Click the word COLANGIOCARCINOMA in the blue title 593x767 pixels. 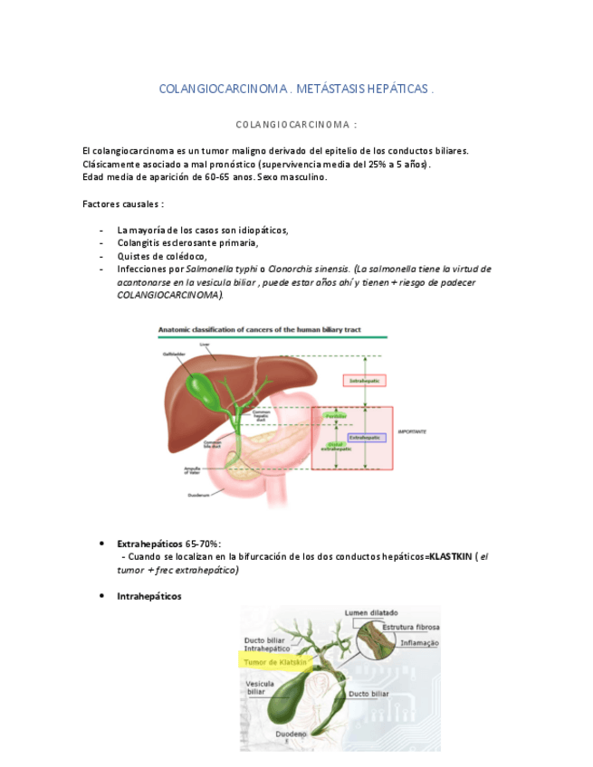click(221, 89)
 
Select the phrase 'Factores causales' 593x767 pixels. click(120, 204)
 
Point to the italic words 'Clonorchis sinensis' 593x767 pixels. click(308, 269)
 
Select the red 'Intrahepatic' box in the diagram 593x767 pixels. click(365, 382)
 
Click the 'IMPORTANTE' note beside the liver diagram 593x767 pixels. click(413, 432)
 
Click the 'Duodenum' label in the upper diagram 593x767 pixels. click(198, 495)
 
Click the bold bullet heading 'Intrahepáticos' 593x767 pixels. click(148, 596)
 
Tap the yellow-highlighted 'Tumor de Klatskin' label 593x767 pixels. click(275, 662)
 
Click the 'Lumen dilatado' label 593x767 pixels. click(370, 613)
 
